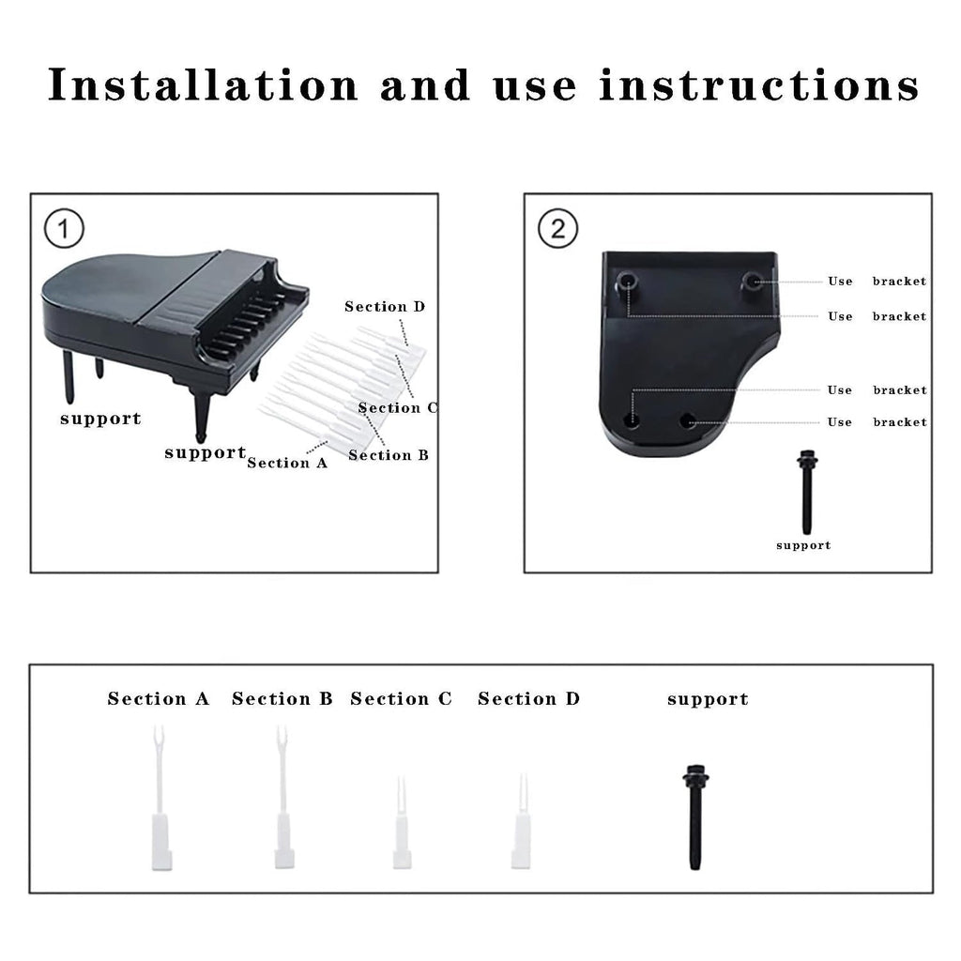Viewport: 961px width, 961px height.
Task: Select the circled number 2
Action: [557, 228]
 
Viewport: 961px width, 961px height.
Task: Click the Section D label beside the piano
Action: [384, 307]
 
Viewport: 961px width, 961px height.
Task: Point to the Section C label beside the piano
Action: [398, 407]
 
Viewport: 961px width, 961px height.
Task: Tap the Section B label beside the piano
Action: [388, 455]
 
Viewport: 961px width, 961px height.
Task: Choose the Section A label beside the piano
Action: [287, 463]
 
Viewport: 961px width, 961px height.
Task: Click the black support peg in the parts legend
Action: [694, 816]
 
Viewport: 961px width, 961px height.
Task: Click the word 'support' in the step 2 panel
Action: [803, 545]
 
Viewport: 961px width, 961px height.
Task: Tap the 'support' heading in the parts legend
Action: [708, 699]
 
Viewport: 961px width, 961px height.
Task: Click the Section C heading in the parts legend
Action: [401, 699]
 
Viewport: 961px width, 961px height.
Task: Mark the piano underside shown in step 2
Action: [690, 357]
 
